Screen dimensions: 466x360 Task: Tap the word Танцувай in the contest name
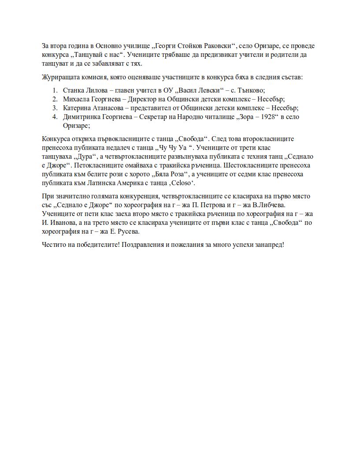click(x=90, y=55)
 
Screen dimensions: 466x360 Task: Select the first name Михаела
click(x=77, y=99)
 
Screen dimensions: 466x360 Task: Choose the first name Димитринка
click(x=82, y=117)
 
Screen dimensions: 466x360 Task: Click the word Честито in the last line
click(x=54, y=245)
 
